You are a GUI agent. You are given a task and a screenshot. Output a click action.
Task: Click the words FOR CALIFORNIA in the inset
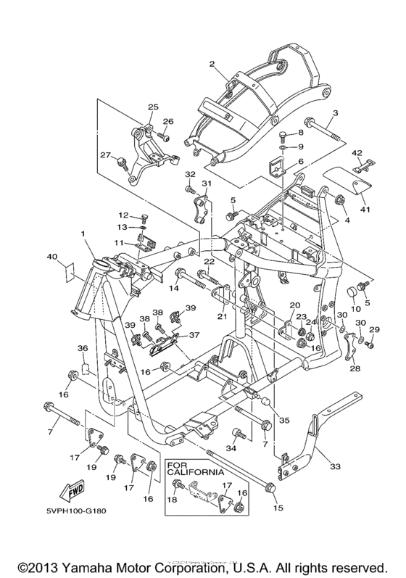(195, 469)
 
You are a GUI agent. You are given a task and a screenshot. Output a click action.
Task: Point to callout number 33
(334, 466)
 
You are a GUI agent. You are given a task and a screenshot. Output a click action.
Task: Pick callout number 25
(153, 107)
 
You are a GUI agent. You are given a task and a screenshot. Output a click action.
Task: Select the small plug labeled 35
(266, 402)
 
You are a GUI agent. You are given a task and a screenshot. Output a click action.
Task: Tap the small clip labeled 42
(363, 165)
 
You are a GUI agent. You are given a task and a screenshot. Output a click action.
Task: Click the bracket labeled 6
(277, 165)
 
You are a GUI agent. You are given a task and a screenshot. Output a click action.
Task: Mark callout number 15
(278, 508)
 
